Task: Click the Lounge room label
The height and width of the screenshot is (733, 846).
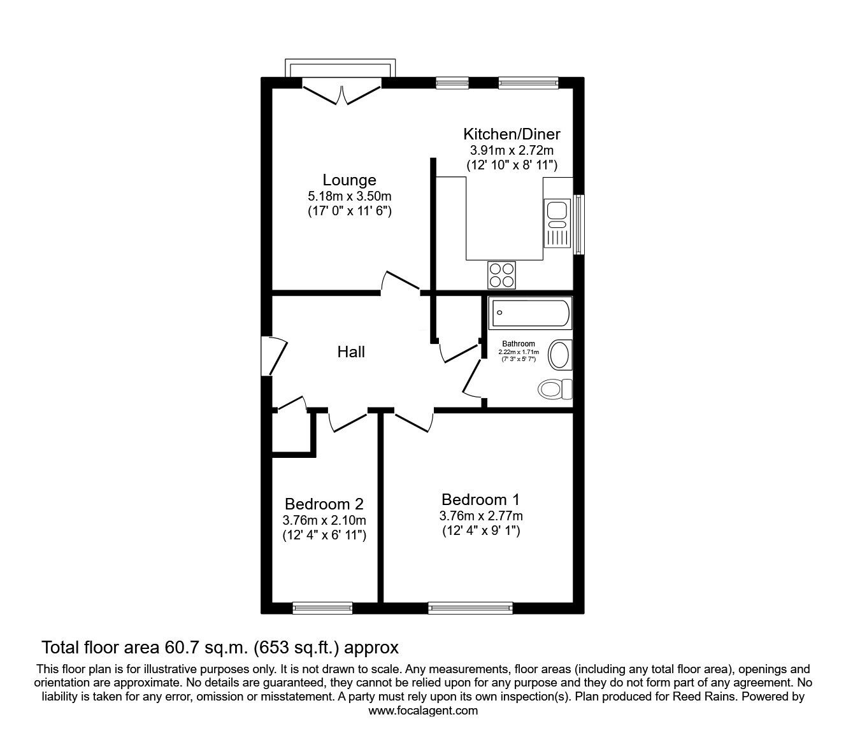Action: (349, 180)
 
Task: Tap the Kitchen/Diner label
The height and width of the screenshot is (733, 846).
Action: (512, 134)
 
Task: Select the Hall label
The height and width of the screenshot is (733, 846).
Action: (351, 352)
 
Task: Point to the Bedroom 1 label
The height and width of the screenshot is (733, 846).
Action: (480, 500)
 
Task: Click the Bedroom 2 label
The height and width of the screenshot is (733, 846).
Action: (324, 504)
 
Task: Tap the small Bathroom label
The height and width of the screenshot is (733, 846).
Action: (519, 344)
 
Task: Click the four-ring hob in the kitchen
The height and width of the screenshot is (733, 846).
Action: (501, 274)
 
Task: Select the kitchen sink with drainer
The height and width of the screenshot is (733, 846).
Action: (557, 223)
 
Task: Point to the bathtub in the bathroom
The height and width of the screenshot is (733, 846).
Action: (530, 313)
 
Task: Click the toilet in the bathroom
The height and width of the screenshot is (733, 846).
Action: (555, 389)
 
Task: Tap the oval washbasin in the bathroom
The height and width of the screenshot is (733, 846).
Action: (559, 355)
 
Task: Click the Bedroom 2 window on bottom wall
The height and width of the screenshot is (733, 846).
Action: (322, 608)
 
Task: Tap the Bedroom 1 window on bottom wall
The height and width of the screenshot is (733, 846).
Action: (470, 608)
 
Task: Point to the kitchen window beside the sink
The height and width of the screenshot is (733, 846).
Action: (578, 224)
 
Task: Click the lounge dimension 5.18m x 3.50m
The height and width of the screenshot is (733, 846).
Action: (350, 196)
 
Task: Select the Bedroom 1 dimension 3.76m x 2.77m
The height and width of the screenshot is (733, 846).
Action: (481, 516)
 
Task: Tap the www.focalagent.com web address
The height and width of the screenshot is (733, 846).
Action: (423, 711)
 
